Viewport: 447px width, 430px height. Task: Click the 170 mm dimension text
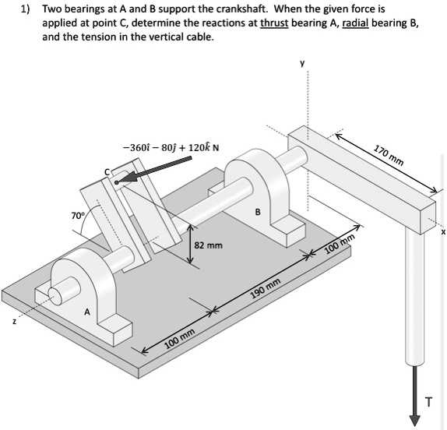coord(389,156)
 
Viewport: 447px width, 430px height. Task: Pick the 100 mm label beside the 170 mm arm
coord(340,244)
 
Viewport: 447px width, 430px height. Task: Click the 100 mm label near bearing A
coord(180,342)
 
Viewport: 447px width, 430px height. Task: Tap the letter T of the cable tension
coord(427,401)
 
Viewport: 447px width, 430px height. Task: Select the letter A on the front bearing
coord(87,312)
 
